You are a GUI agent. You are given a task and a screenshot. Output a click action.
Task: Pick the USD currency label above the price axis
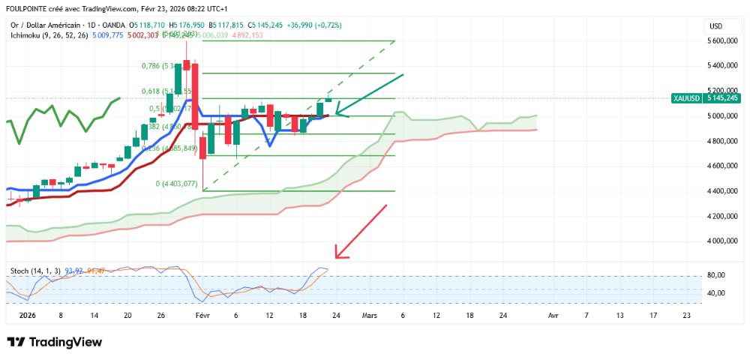click(715, 26)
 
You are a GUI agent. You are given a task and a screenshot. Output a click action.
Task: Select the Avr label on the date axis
click(553, 316)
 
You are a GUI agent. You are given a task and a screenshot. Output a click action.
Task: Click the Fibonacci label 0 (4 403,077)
click(176, 184)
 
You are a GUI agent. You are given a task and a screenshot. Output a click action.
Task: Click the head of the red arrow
click(337, 257)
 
